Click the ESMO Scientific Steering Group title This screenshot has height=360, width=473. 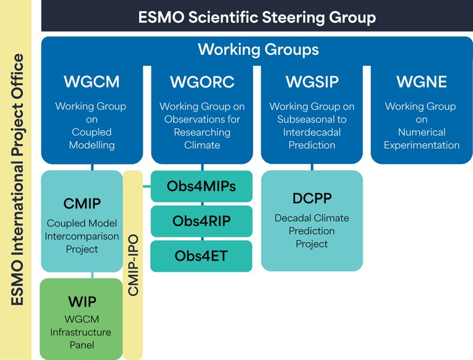257,17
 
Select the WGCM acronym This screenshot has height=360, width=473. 91,81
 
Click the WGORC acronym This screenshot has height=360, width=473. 201,81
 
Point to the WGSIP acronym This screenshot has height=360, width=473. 312,81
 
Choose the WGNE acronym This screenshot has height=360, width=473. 421,81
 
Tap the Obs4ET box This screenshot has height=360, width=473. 201,256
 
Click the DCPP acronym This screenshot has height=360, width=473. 312,198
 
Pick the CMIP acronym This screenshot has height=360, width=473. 82,203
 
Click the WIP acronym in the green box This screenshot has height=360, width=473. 82,301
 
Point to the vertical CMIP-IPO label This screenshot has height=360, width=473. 133,265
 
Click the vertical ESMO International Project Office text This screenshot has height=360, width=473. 18,179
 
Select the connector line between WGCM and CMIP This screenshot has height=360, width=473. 92,167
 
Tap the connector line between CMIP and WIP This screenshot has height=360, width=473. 92,275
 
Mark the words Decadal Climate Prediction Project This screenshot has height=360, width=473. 312,231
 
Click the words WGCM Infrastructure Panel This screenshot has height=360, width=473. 81,332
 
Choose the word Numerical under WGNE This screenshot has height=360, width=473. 421,133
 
